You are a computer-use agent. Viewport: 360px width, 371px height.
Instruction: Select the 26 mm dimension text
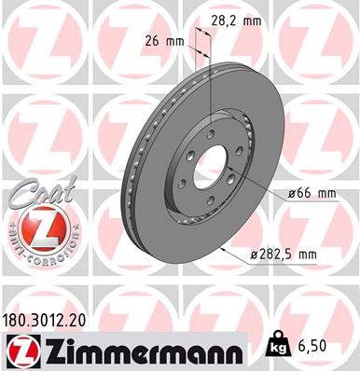point(163,41)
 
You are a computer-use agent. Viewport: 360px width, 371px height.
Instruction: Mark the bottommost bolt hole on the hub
point(200,197)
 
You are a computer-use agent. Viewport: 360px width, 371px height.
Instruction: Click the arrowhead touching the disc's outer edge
point(227,248)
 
